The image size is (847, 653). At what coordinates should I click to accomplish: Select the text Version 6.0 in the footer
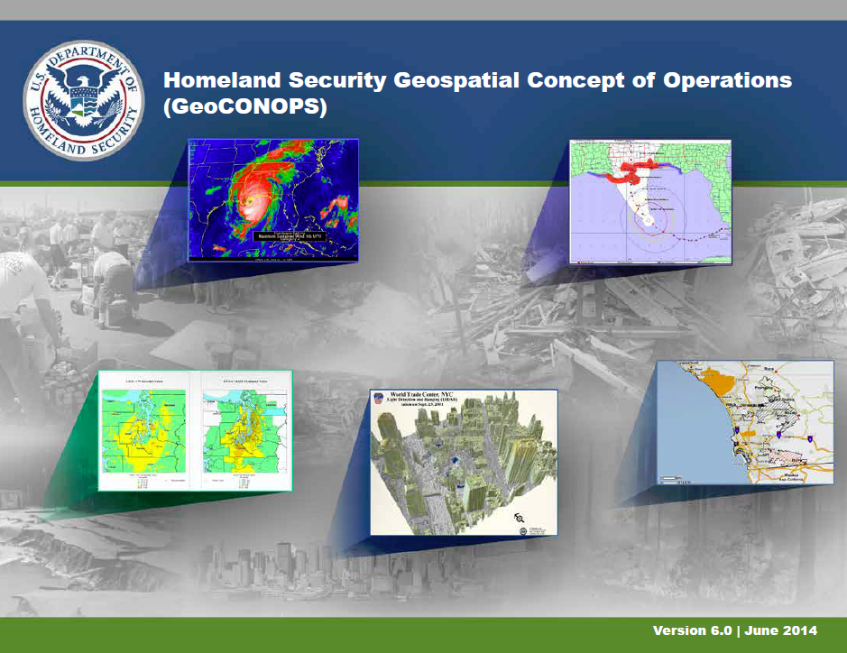tap(692, 630)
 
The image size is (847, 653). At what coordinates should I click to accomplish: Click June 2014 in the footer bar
tap(787, 630)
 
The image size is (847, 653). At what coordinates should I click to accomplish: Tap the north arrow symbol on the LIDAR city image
tap(520, 517)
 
